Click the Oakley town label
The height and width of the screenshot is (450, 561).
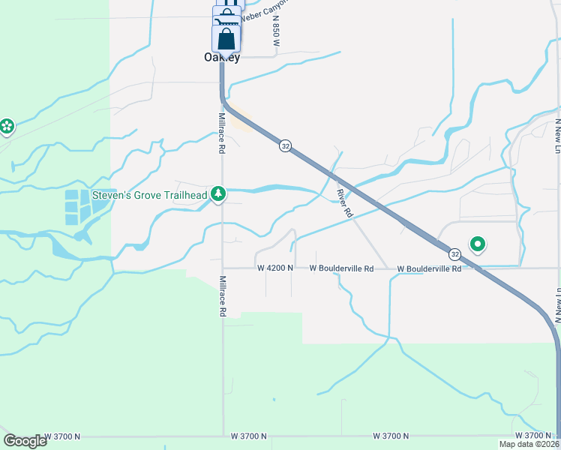click(x=222, y=58)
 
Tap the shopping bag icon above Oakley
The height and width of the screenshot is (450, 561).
click(x=226, y=39)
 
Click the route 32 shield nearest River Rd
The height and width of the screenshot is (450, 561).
click(x=285, y=145)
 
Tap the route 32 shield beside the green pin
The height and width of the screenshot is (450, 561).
click(x=455, y=253)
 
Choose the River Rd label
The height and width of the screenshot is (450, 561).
click(x=344, y=202)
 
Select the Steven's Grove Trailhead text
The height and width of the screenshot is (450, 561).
click(x=149, y=196)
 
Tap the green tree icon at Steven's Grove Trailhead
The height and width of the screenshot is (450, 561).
click(x=218, y=194)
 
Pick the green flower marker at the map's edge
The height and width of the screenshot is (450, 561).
click(x=7, y=126)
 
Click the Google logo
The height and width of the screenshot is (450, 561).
click(x=25, y=441)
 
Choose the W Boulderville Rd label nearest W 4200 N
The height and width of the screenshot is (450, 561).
click(x=342, y=268)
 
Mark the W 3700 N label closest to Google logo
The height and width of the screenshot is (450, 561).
click(x=61, y=436)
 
